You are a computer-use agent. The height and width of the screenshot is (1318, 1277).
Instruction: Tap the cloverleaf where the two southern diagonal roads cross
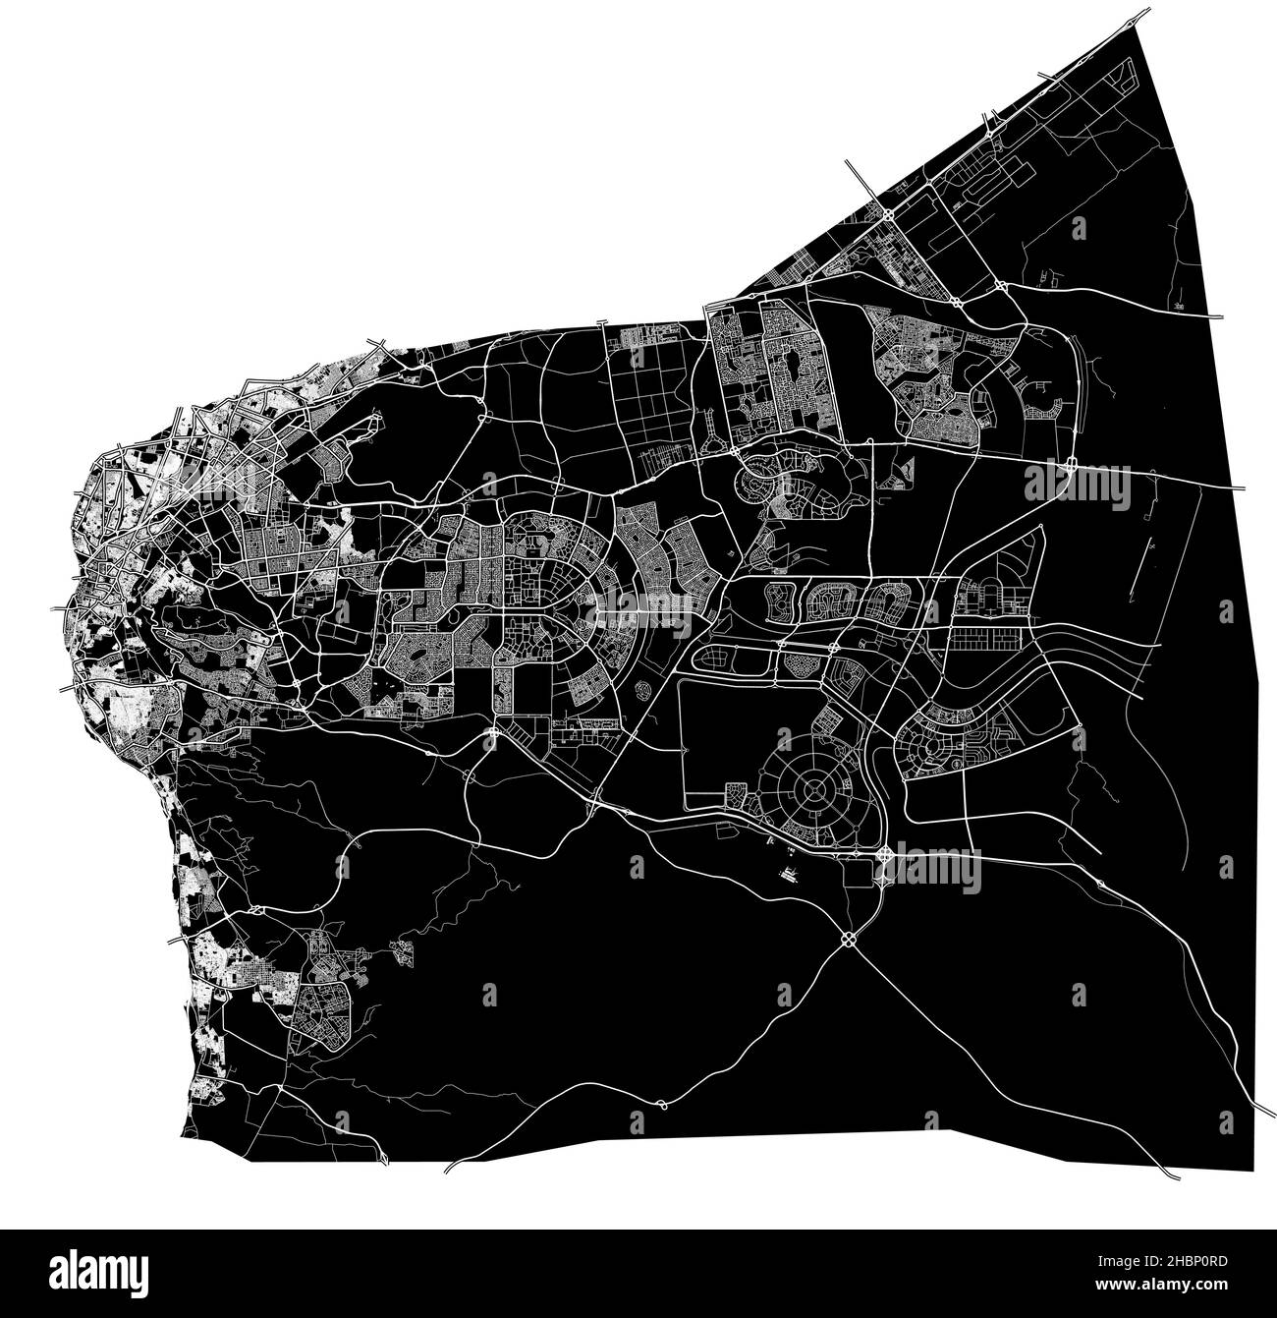847,940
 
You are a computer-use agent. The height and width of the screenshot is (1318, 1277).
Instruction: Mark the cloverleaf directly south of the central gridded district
491,733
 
